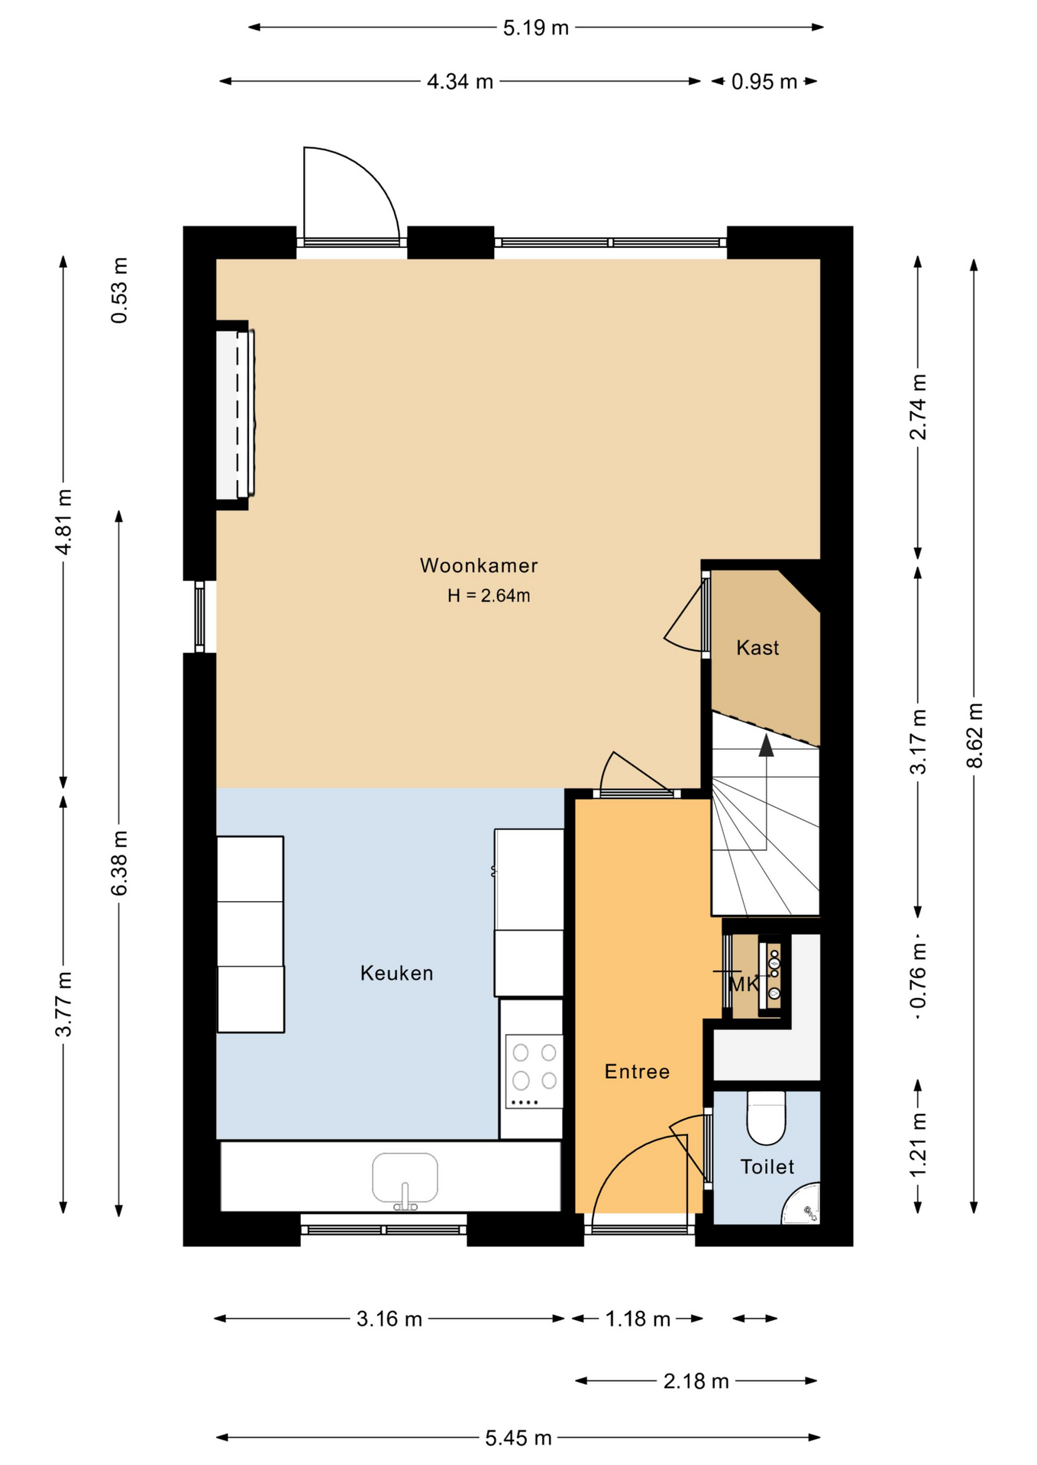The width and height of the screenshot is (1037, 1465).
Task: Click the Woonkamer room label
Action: tap(479, 565)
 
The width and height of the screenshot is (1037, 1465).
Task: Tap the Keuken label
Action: tap(397, 973)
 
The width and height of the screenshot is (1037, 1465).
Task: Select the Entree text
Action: tap(637, 1071)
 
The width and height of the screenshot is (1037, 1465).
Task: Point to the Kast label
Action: tap(758, 648)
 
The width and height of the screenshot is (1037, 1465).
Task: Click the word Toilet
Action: tap(767, 1167)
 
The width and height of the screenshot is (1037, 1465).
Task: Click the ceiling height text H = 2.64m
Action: tap(489, 595)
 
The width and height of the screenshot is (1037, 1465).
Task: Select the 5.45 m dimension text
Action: tap(518, 1438)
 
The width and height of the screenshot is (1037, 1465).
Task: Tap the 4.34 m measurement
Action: tap(460, 82)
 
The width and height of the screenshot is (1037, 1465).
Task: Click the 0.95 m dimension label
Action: tap(764, 82)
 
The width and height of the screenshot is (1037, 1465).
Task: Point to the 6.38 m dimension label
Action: tap(119, 864)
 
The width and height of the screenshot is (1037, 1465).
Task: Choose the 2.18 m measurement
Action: tap(696, 1381)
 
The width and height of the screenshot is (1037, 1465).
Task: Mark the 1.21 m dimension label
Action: tap(918, 1145)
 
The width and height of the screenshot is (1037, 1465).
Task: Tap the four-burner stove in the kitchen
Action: tap(534, 1071)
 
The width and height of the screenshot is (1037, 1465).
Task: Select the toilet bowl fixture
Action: tap(766, 1118)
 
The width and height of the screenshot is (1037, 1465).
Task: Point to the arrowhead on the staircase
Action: tap(766, 745)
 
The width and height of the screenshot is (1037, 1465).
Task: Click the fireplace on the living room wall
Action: tap(234, 414)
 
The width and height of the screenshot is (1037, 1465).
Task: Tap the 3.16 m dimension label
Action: tap(389, 1319)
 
